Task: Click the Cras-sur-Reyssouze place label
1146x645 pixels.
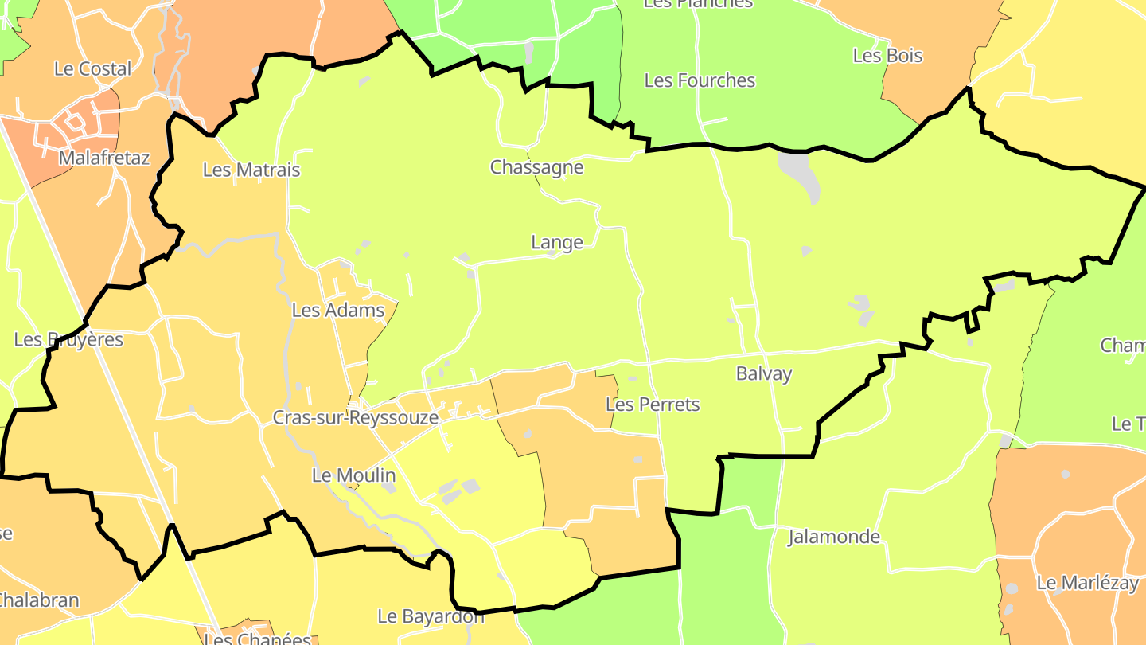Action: [355, 417]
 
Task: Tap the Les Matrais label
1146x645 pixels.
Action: [251, 170]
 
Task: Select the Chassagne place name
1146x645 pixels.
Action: [536, 167]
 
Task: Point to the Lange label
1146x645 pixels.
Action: [557, 242]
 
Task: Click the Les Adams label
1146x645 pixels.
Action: [338, 310]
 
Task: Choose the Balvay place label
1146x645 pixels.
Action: [764, 373]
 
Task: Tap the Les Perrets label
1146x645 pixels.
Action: [653, 405]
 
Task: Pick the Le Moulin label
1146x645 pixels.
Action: [353, 475]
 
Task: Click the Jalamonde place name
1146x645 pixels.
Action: [834, 537]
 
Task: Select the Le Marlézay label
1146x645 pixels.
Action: [1087, 583]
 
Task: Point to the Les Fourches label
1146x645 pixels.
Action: [700, 80]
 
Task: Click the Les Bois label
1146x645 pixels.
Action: [887, 56]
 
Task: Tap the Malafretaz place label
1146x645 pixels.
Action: [104, 158]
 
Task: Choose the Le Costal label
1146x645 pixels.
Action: [92, 68]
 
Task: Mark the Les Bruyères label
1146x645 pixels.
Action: [68, 339]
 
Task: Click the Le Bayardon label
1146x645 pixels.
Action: [431, 616]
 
